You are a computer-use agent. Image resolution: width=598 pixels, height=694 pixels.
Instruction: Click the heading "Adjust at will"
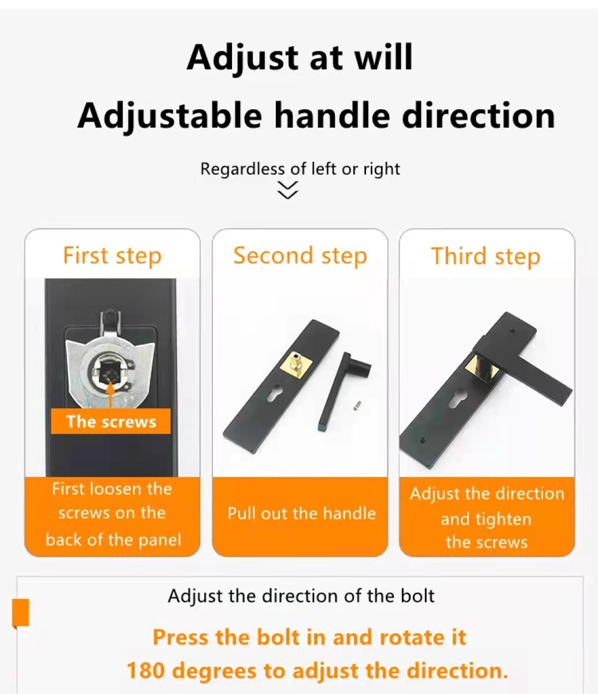[x=300, y=58]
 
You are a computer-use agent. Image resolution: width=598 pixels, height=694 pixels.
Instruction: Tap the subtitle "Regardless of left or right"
[x=300, y=169]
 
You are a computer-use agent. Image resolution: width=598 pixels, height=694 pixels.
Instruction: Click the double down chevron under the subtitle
[x=288, y=190]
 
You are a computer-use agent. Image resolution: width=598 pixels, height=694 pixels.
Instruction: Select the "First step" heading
[x=112, y=256]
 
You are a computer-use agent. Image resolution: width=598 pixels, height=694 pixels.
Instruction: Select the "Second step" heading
[x=300, y=256]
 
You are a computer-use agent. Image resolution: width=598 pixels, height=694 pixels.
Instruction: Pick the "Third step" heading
[x=485, y=256]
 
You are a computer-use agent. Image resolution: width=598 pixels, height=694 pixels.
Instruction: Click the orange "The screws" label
[x=111, y=422]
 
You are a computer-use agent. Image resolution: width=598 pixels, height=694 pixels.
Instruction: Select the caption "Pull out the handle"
[x=301, y=514]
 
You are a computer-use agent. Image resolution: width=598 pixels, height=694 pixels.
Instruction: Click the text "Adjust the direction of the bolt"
[x=301, y=596]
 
